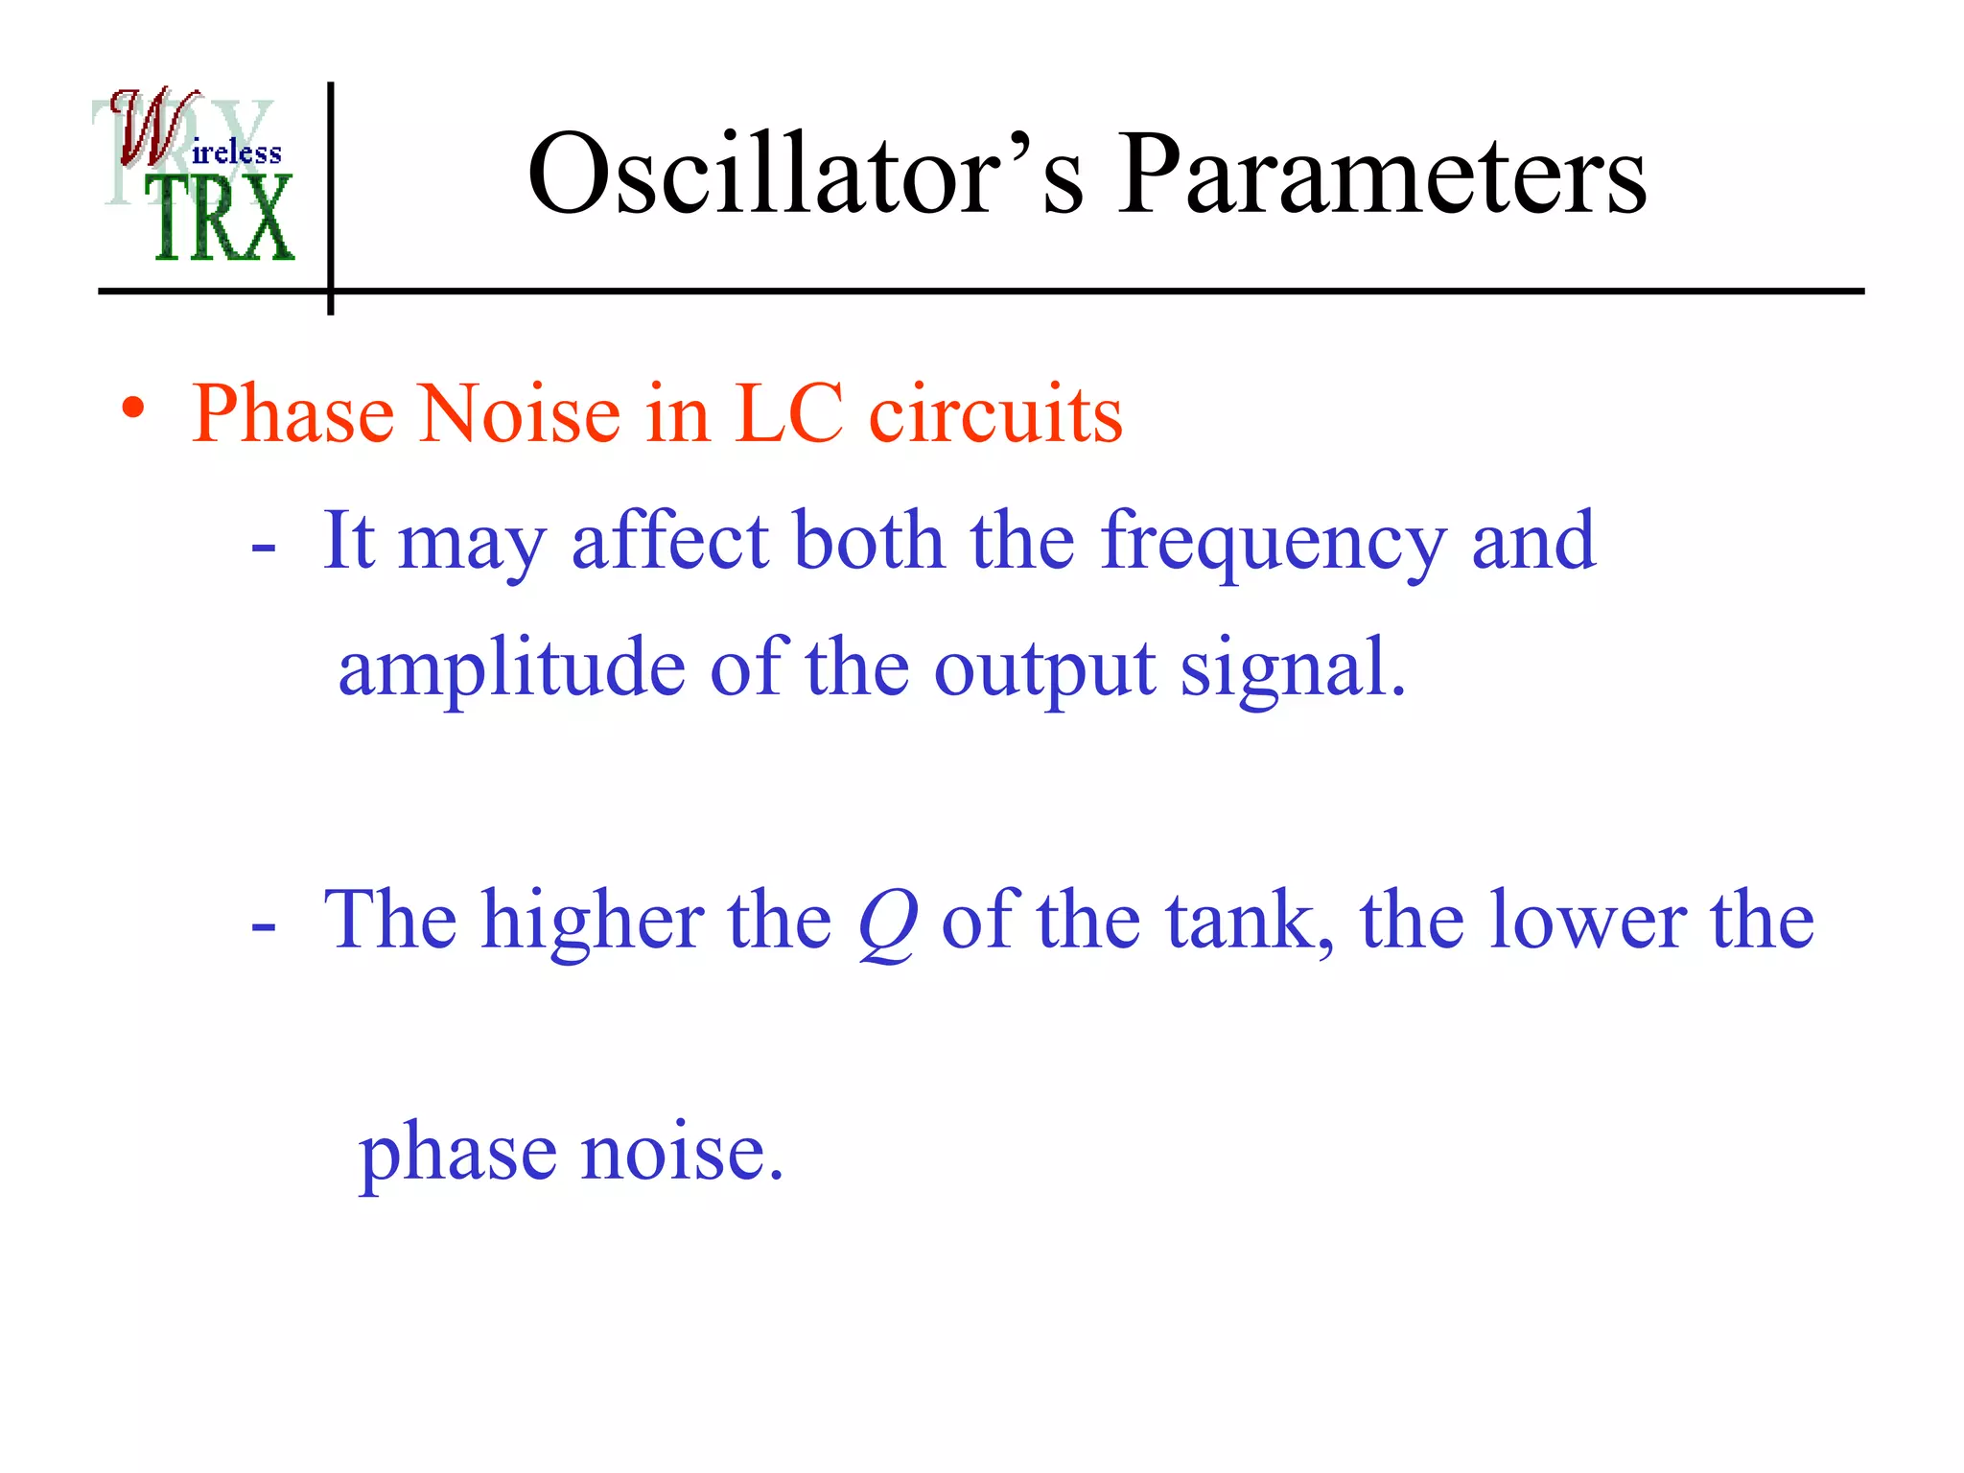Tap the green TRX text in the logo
(222, 220)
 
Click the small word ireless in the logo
(236, 153)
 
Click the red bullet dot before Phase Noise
(133, 409)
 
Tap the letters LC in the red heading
(788, 414)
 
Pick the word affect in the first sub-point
(669, 542)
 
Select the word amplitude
(511, 669)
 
